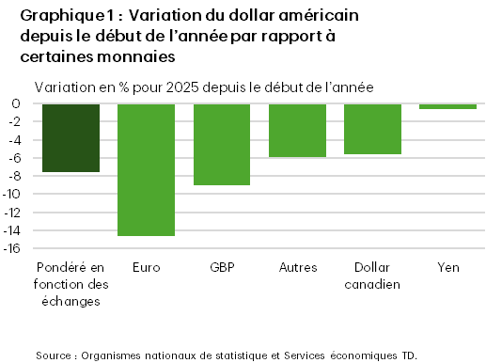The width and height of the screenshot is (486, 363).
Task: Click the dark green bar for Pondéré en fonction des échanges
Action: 71,137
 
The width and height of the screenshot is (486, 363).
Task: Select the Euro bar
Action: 147,169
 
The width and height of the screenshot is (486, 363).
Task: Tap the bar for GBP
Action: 222,144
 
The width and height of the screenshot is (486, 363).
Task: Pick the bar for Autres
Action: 297,130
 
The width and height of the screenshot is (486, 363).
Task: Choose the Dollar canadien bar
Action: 373,129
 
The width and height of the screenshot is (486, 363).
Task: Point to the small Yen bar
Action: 447,106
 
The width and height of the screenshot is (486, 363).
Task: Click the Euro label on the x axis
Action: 147,267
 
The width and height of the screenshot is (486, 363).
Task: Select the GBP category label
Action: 222,267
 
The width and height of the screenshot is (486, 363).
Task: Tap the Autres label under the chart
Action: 297,267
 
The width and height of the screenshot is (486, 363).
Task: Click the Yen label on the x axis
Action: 447,267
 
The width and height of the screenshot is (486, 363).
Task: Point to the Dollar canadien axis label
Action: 373,275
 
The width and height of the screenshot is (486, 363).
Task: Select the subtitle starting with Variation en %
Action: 204,87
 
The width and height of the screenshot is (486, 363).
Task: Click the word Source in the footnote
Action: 55,355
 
